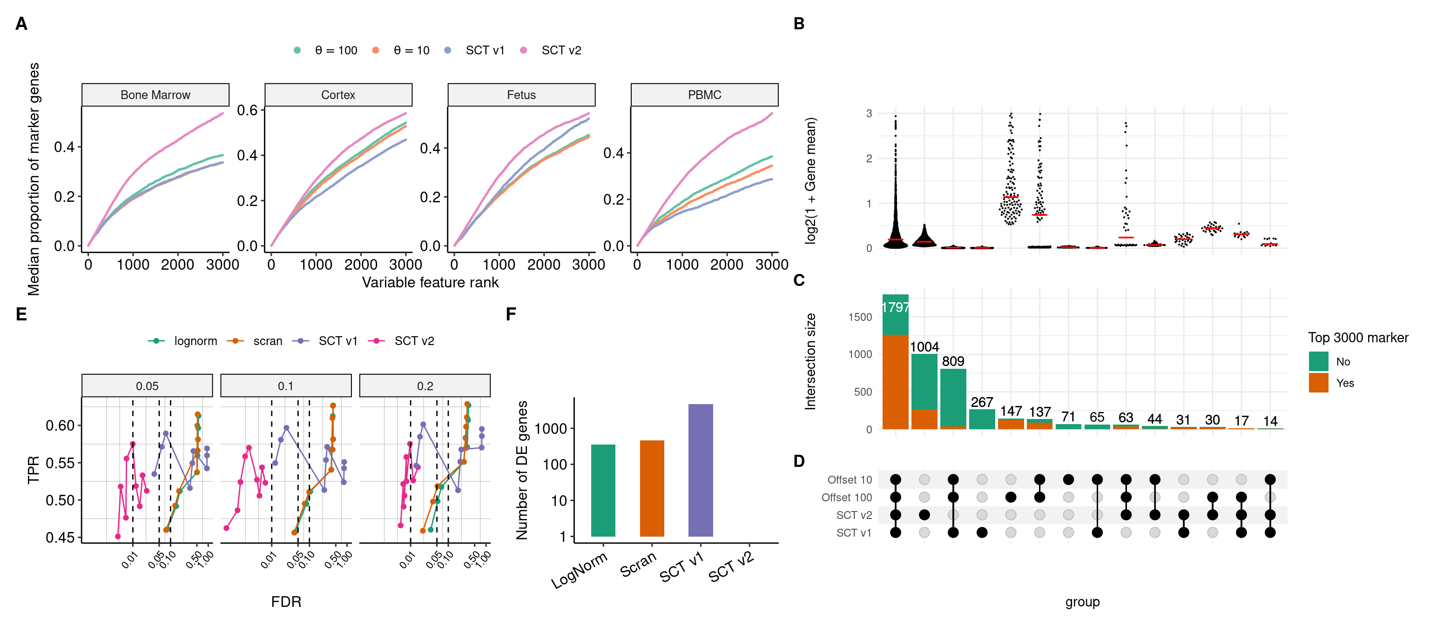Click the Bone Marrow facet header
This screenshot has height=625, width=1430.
(155, 95)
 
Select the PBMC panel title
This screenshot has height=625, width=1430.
(704, 95)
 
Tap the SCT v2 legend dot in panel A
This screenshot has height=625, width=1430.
(524, 51)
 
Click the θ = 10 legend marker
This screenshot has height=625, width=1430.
(376, 51)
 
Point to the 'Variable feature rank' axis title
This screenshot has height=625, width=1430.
(430, 282)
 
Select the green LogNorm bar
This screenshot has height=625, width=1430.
(603, 490)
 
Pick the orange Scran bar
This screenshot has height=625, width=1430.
(652, 488)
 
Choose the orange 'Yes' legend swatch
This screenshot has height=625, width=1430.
(1318, 383)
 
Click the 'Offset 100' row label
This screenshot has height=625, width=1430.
(847, 498)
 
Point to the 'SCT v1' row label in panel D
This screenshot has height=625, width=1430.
(854, 533)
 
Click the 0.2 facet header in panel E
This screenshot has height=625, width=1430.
(425, 386)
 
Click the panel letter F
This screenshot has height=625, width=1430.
(511, 314)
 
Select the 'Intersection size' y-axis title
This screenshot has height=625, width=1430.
(810, 362)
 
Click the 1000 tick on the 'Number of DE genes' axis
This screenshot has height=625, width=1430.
(550, 429)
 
